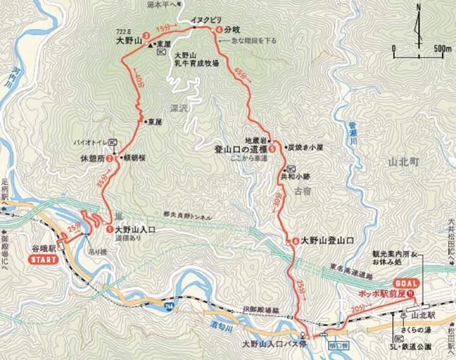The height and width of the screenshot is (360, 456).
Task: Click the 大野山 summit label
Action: [129, 43]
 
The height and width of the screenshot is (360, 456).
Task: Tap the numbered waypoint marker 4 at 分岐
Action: [218, 29]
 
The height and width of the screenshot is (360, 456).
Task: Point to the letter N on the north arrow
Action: [419, 8]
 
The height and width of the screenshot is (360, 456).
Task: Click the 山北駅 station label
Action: [429, 316]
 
